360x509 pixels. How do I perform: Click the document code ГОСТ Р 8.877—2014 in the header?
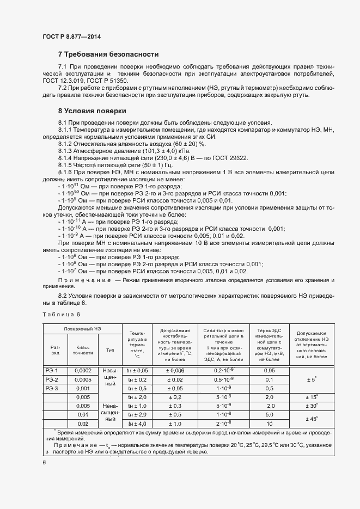(x=71, y=37)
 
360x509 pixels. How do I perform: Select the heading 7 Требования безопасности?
(x=108, y=54)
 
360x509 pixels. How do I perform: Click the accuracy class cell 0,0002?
(x=83, y=371)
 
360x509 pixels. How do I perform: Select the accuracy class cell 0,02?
(x=83, y=424)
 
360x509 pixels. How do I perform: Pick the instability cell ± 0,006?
(x=175, y=371)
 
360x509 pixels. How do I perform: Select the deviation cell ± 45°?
(x=313, y=419)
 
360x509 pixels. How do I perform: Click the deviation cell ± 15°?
(x=313, y=397)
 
